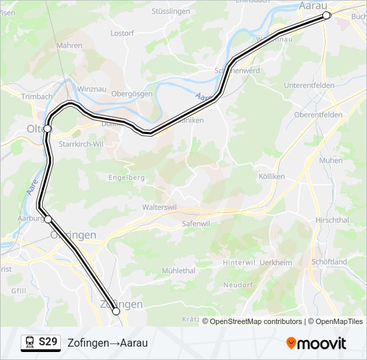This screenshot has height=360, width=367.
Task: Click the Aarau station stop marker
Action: coord(326,15)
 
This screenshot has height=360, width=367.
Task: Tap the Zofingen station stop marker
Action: coord(116,311)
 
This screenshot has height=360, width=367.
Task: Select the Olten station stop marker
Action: coord(48,128)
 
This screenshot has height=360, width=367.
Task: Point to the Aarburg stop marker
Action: coord(48,219)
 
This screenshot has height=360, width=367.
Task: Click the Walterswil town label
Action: coord(159,207)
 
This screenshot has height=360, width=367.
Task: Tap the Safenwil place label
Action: coord(196,225)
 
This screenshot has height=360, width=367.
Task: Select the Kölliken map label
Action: coord(271,176)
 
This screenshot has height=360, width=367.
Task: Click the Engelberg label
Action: coord(127,177)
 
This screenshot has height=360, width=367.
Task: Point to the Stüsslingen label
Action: coord(170,11)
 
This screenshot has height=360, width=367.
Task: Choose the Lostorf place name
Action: coord(122,33)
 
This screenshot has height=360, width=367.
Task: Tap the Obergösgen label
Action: coord(132,94)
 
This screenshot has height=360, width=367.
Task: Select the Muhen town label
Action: coord(331,161)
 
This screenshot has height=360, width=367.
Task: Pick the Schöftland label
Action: coord(330,262)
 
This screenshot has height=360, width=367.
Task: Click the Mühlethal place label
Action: coord(178,271)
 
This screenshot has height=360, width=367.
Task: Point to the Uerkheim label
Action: coord(276,263)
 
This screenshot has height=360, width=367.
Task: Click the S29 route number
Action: coord(48,343)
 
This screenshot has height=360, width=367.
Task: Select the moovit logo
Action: coord(316,343)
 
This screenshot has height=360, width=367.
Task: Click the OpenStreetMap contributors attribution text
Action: coord(256,321)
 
